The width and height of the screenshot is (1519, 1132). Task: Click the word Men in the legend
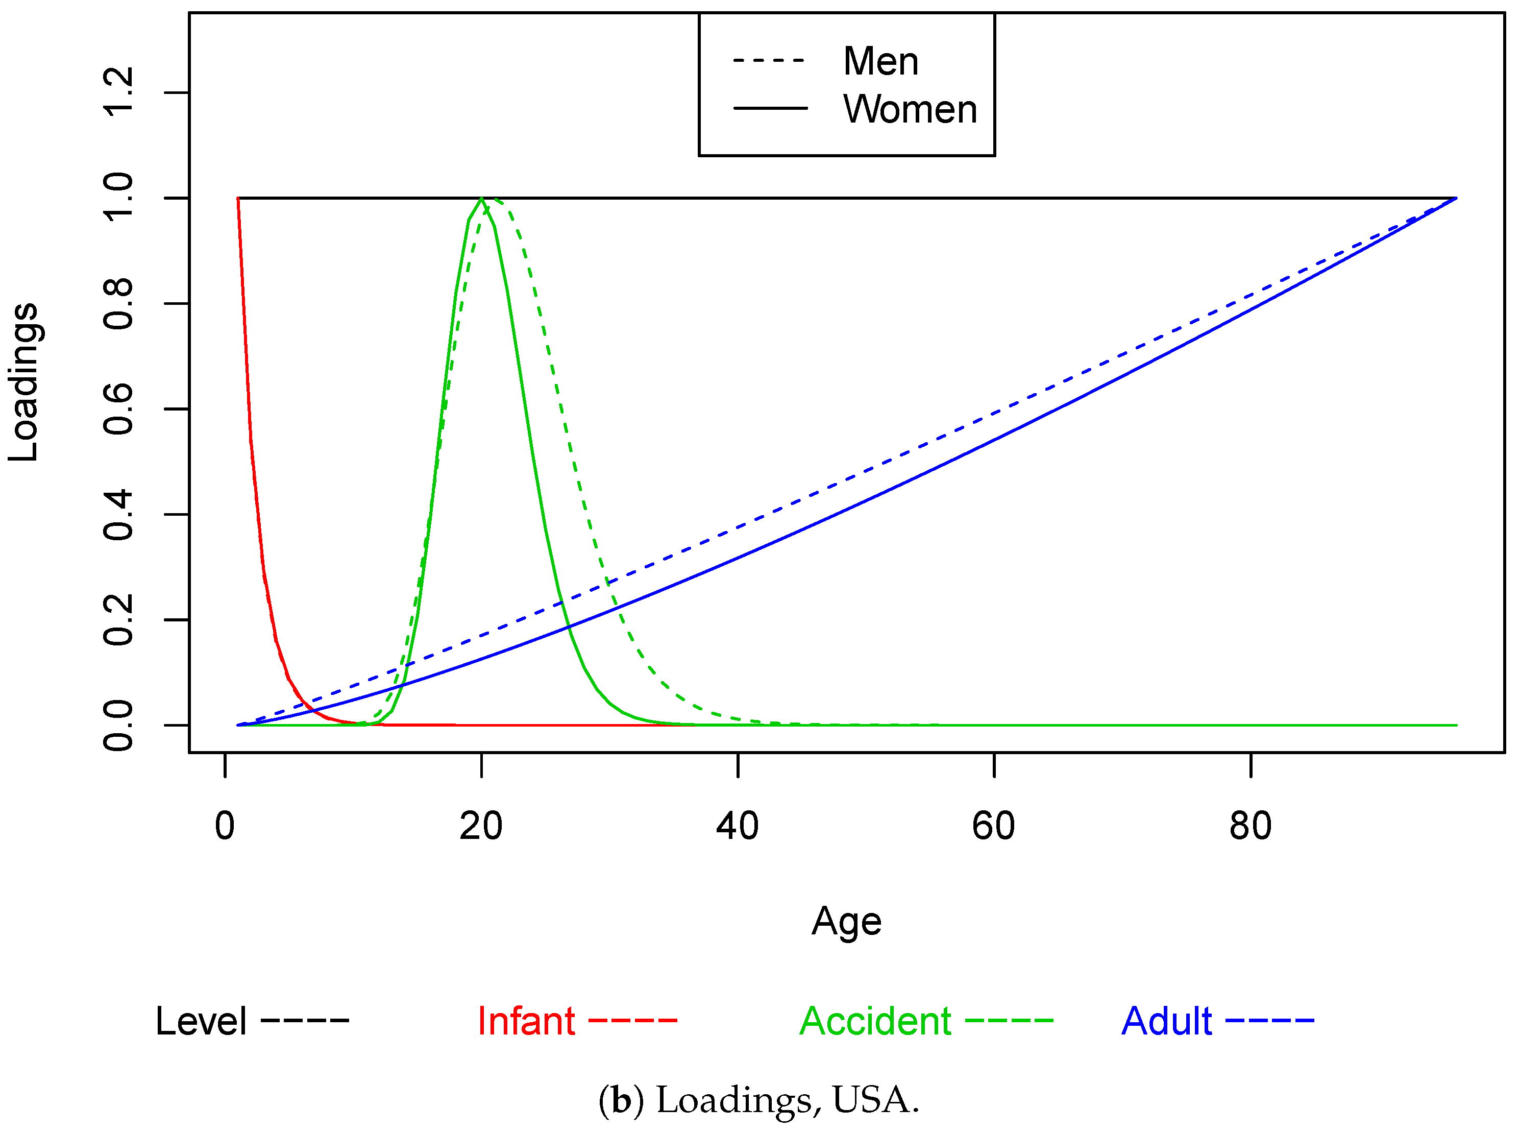[880, 62]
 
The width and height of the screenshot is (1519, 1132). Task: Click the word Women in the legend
[910, 110]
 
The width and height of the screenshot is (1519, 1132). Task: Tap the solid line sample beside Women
[770, 108]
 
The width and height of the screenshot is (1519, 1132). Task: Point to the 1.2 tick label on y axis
[118, 92]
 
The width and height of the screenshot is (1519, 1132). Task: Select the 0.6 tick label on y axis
[118, 409]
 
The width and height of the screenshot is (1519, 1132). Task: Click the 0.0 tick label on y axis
[118, 726]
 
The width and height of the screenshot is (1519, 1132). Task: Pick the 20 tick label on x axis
[481, 826]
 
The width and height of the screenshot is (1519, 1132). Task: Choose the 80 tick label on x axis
[1250, 826]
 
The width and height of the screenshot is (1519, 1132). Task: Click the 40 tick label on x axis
[737, 826]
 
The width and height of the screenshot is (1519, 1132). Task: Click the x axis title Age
[846, 922]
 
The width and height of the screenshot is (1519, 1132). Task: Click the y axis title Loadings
[24, 382]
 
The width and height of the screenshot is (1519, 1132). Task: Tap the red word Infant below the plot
[526, 1022]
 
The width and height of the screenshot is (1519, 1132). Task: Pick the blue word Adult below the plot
[1166, 1022]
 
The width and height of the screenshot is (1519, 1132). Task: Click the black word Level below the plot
[201, 1022]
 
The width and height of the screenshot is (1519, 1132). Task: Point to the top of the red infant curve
[238, 200]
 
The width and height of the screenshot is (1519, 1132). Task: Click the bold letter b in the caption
[621, 1100]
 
